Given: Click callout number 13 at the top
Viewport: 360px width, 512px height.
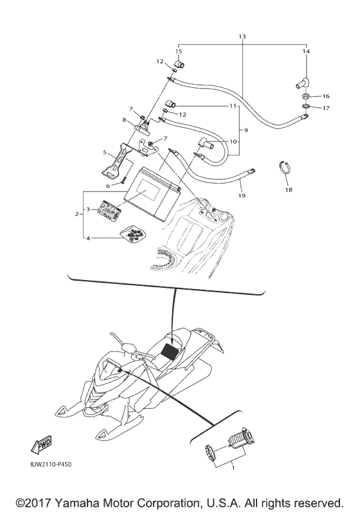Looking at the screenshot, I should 242,37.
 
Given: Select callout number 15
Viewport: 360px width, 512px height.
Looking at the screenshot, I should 179,51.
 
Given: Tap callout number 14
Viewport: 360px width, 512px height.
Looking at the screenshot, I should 305,51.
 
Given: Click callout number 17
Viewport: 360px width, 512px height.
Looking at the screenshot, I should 325,108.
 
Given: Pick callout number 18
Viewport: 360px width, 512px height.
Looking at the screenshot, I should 288,190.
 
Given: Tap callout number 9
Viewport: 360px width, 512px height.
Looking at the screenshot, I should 245,130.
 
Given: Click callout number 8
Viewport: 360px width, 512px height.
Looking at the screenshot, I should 124,119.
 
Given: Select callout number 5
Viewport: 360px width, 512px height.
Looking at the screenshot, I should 104,153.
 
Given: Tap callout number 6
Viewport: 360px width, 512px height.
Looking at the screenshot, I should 109,186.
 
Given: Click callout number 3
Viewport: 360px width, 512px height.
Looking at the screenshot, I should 89,209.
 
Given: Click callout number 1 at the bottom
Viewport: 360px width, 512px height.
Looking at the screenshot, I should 224,469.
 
